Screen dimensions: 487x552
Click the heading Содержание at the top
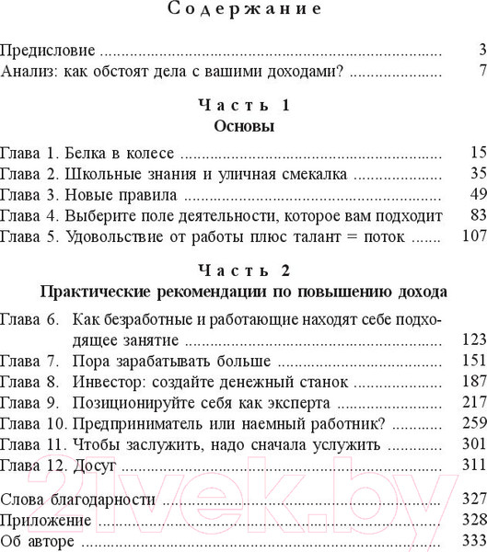pos(243,10)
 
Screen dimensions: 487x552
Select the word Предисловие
pos(49,50)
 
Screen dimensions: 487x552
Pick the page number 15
pos(477,152)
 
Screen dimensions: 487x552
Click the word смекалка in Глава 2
pos(311,173)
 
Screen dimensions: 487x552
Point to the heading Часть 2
pos(243,270)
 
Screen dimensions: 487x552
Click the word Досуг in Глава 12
pos(93,466)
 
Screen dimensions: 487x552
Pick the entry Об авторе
pos(37,541)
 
